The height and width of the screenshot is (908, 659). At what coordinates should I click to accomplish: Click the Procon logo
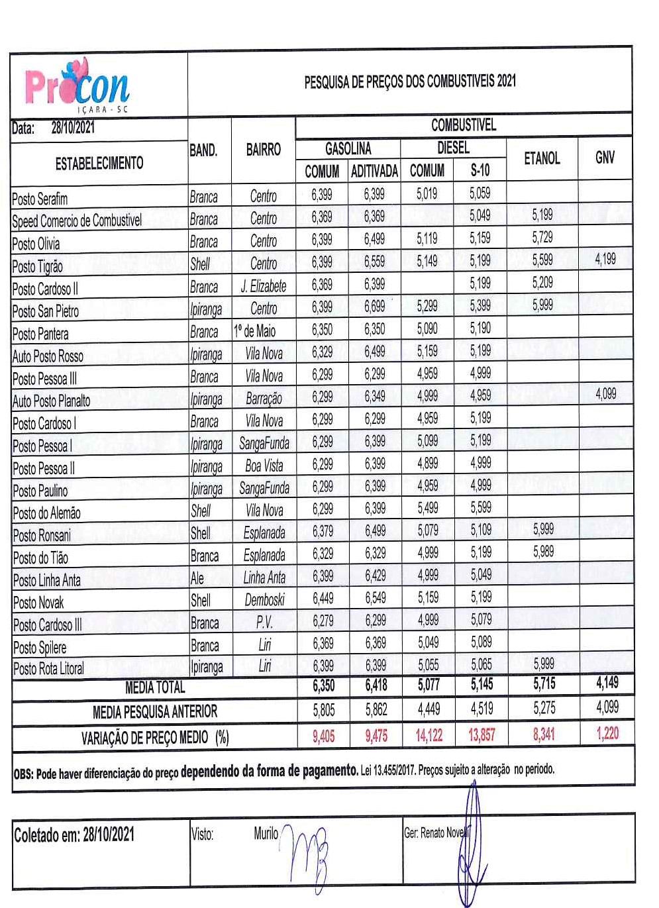(x=77, y=87)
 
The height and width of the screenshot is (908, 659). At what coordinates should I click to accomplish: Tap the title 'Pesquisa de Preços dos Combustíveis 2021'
(x=409, y=81)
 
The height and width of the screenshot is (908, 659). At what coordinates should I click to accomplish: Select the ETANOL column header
(x=542, y=158)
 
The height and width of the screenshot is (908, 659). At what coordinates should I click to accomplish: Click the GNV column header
(x=605, y=158)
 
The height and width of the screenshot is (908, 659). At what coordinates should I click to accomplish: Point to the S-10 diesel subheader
(x=480, y=171)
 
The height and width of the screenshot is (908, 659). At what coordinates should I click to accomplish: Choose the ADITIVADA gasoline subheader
(x=374, y=172)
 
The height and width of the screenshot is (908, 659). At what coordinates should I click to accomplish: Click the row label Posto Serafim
(x=40, y=199)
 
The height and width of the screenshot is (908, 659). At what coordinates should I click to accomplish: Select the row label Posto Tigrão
(x=38, y=266)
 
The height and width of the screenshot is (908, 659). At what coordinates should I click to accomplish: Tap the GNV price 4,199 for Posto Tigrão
(x=605, y=259)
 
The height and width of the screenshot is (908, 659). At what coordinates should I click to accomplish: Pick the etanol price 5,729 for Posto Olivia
(x=542, y=238)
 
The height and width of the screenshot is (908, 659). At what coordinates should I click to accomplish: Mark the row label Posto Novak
(x=38, y=603)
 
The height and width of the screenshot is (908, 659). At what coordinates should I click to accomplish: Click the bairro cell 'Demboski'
(x=264, y=600)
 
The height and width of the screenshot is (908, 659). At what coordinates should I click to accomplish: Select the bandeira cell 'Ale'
(x=197, y=578)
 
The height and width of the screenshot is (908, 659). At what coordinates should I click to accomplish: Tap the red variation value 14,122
(x=429, y=735)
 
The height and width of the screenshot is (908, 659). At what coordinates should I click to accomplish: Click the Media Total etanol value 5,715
(x=544, y=683)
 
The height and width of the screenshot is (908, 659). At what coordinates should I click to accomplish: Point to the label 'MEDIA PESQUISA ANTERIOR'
(x=155, y=712)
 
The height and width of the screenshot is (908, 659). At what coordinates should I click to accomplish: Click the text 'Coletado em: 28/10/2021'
(x=74, y=835)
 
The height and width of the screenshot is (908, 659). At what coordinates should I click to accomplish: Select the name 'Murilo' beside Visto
(x=266, y=833)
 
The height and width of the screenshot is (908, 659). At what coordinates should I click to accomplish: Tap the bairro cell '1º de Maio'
(x=255, y=330)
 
